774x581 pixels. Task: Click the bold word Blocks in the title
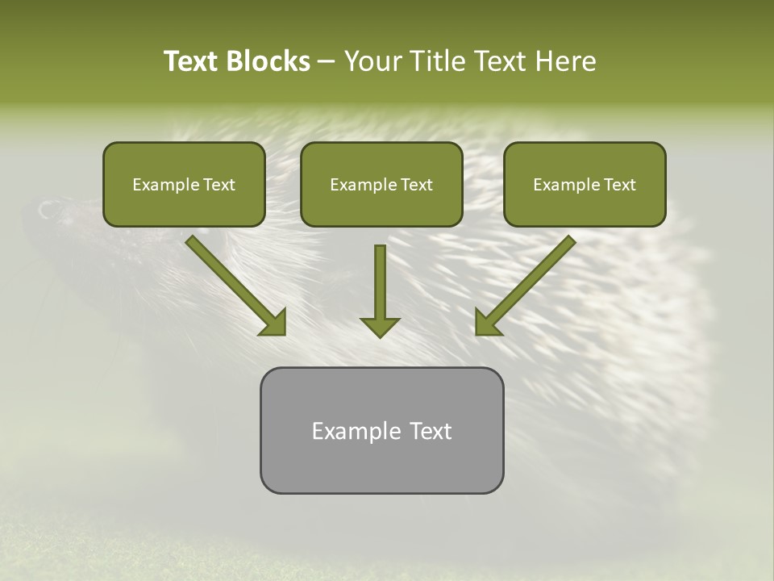pyautogui.click(x=268, y=61)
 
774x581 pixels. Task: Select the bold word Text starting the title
pyautogui.click(x=192, y=61)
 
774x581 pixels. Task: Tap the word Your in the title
pyautogui.click(x=374, y=61)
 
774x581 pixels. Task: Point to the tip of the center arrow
pyautogui.click(x=380, y=335)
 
